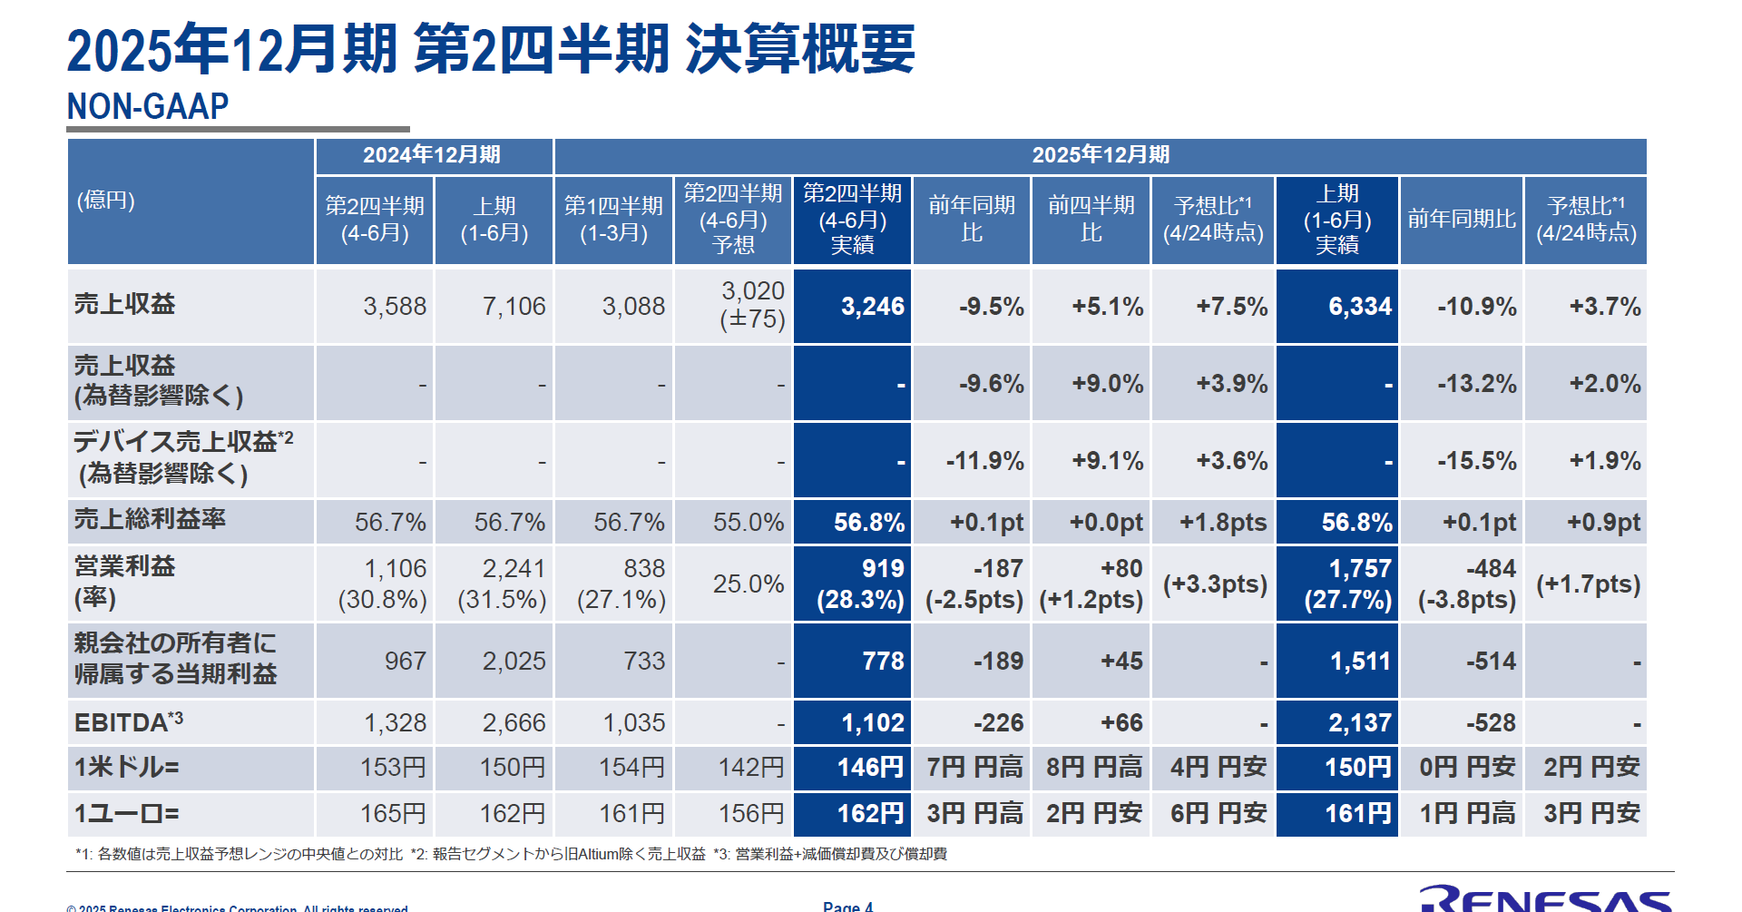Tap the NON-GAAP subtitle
click(148, 107)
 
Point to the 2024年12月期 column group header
click(432, 155)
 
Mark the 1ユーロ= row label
click(127, 814)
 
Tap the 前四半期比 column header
click(1091, 219)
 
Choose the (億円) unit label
click(106, 201)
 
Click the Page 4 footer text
click(847, 906)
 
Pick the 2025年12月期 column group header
click(1100, 155)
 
